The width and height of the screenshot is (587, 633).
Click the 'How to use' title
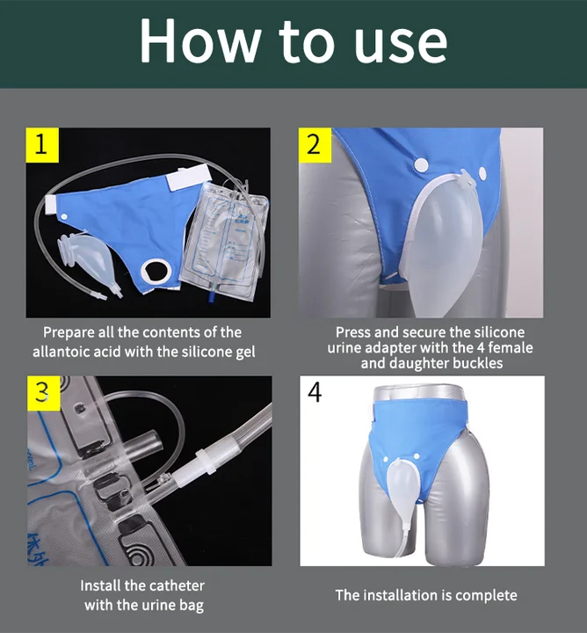click(x=293, y=41)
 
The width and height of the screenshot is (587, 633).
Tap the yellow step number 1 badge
click(x=40, y=144)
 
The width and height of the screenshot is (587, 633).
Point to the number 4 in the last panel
click(x=315, y=393)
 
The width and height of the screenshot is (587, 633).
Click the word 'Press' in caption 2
click(x=354, y=332)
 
